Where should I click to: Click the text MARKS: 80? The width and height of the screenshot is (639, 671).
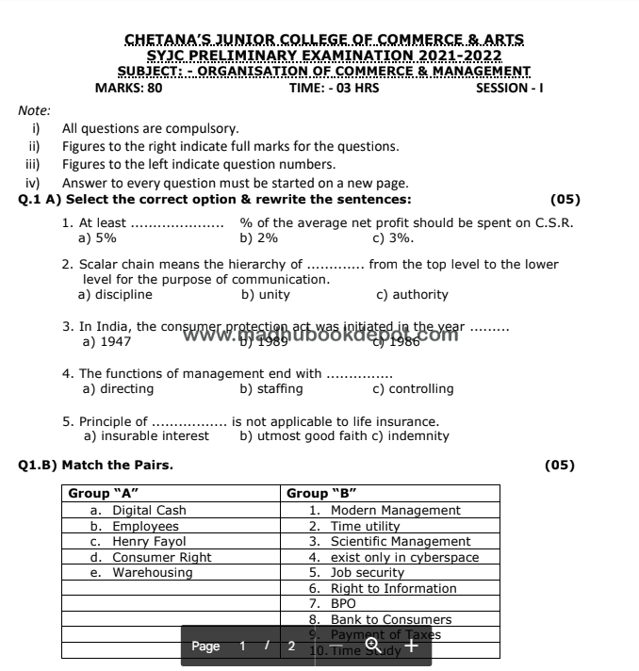[128, 89]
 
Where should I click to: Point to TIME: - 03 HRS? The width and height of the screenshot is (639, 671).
[334, 89]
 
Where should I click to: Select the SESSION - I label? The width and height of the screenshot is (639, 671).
[509, 89]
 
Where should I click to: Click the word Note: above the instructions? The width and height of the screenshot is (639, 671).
[34, 110]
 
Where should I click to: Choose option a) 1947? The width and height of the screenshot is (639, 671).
[107, 341]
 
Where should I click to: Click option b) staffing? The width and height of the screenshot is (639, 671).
[271, 388]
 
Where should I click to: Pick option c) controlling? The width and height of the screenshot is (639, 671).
[413, 388]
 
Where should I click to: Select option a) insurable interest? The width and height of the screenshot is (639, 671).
[146, 436]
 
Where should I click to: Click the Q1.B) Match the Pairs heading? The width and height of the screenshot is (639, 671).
[96, 465]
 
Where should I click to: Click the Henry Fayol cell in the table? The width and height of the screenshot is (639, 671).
[139, 542]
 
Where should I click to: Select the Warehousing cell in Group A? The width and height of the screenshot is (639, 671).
[141, 573]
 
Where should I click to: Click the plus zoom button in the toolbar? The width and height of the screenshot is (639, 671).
[409, 646]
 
